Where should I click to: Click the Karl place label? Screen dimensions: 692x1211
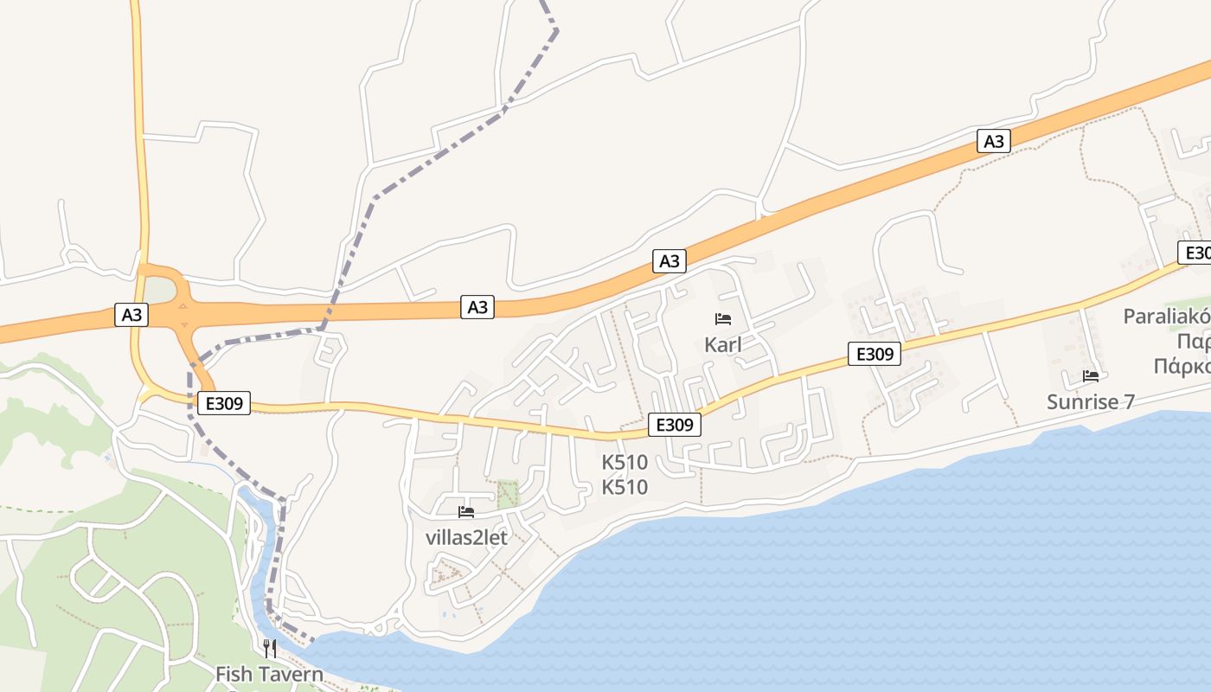point(723,345)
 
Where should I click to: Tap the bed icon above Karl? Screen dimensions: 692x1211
point(723,319)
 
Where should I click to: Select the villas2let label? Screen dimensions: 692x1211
point(466,537)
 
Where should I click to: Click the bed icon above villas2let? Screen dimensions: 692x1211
point(466,512)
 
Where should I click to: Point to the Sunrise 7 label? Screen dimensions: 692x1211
point(1090,401)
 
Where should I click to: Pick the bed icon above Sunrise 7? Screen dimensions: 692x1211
point(1090,376)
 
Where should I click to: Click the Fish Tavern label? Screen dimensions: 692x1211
point(269,674)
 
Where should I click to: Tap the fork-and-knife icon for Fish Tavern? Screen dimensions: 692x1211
point(270,648)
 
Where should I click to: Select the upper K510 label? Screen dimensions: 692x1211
point(625,463)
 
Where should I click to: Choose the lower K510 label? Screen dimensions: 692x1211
point(625,487)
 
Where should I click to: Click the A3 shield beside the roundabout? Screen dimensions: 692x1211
point(131,315)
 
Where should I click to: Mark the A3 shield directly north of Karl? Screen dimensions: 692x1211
point(670,261)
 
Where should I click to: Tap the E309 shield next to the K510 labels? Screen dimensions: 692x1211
point(674,425)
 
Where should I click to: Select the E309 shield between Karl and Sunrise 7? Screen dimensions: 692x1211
point(875,353)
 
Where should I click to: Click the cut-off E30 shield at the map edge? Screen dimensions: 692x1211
point(1195,253)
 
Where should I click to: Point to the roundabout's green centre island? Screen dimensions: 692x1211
point(158,290)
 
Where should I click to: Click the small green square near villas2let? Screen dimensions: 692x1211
point(507,493)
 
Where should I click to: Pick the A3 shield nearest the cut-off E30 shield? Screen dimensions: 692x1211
point(994,141)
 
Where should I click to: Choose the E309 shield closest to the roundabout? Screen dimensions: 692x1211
point(223,402)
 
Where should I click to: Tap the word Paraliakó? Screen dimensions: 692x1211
point(1166,317)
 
